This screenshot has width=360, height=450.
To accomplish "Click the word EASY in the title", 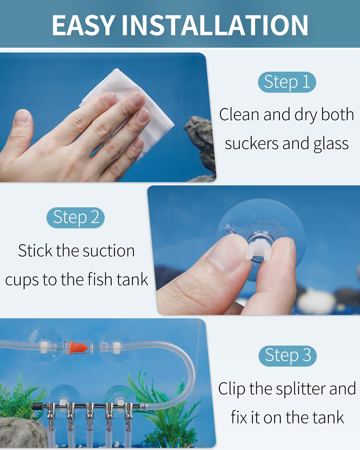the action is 84,25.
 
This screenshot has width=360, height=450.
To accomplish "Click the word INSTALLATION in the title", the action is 215,25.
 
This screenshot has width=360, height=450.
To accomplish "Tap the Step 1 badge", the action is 287,82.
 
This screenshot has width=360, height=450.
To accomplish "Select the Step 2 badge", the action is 76,217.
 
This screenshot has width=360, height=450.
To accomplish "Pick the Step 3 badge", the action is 288,356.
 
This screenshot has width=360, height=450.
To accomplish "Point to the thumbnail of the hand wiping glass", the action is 108,117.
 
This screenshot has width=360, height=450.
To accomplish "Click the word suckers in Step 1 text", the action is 252,143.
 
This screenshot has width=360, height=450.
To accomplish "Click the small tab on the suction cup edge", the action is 230,229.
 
